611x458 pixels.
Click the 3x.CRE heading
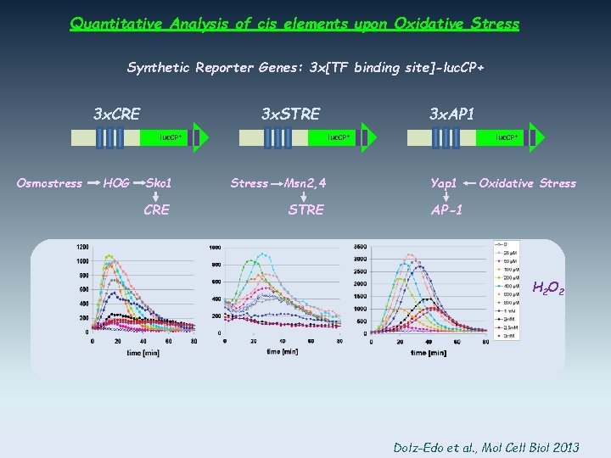[x=116, y=114]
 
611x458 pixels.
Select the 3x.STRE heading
[x=290, y=114]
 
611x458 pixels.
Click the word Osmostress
[x=50, y=183]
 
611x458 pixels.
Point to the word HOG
[x=116, y=183]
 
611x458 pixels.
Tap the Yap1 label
[x=444, y=183]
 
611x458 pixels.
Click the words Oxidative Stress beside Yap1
[x=527, y=183]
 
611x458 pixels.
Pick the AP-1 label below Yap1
[x=446, y=210]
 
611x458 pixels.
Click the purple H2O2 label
[x=548, y=289]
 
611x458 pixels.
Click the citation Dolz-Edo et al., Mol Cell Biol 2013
[x=487, y=446]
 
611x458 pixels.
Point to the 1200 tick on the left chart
[x=82, y=247]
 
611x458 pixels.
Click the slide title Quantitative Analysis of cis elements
[x=294, y=24]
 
